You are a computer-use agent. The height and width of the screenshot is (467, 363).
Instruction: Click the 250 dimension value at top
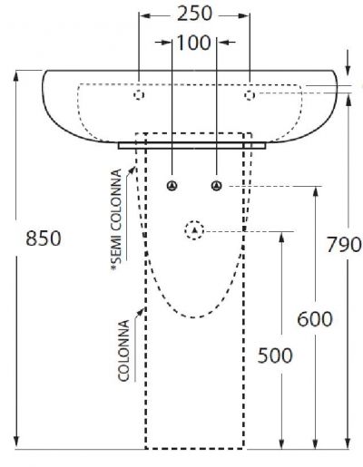click(x=194, y=15)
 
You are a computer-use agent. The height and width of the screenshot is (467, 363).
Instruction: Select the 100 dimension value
click(x=193, y=43)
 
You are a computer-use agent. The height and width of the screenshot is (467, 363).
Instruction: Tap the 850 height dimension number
click(x=44, y=238)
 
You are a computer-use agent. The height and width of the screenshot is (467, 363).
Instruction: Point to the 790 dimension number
click(x=344, y=244)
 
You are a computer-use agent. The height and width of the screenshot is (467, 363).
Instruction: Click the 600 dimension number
click(x=315, y=319)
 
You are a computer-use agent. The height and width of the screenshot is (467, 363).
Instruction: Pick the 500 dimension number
click(x=275, y=355)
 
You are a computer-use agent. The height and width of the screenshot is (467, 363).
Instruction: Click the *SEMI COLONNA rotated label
click(x=116, y=219)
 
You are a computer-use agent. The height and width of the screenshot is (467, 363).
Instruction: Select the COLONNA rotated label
click(x=123, y=351)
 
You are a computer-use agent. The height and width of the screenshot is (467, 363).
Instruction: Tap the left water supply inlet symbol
click(x=172, y=186)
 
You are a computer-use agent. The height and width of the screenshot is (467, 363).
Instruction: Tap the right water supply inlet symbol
click(x=216, y=186)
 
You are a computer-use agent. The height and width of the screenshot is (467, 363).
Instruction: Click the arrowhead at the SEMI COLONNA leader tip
click(x=132, y=170)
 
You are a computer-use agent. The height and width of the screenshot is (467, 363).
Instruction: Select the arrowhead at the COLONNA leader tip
click(x=141, y=311)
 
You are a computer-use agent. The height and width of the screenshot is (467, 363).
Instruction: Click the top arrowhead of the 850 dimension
click(x=16, y=77)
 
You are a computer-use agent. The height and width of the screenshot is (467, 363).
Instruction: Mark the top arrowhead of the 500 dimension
click(x=281, y=238)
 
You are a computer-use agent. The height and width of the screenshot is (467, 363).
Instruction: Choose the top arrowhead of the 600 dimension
click(x=316, y=193)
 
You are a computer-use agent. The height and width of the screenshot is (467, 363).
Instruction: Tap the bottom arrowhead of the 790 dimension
click(x=348, y=443)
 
